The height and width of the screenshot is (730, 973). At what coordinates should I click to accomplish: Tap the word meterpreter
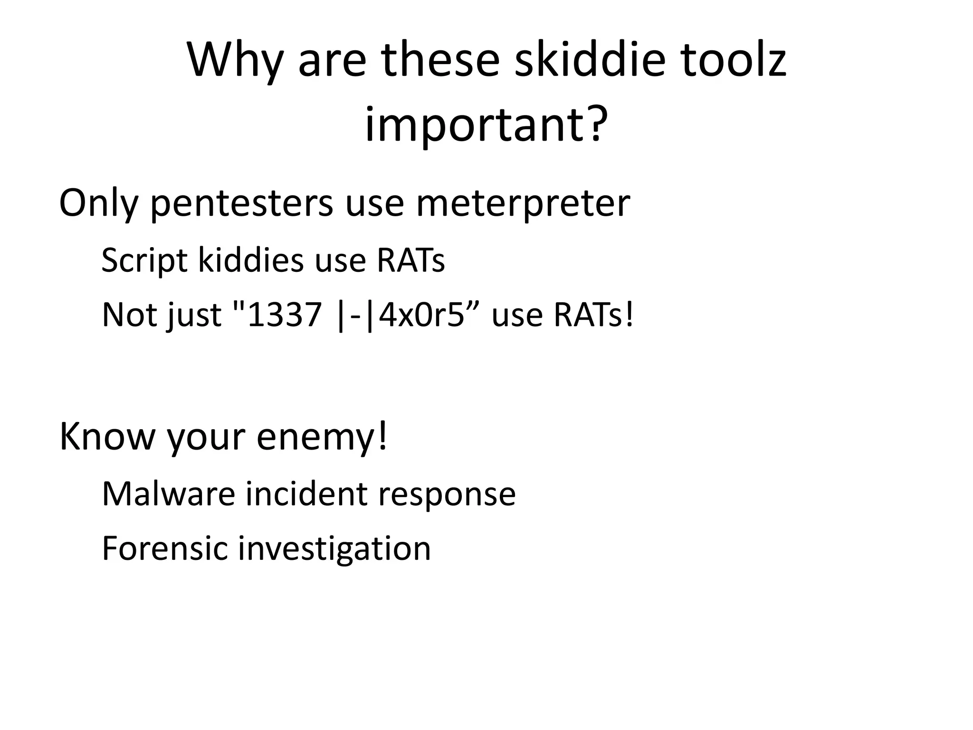tap(523, 203)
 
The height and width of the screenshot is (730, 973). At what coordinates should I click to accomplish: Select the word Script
tap(144, 260)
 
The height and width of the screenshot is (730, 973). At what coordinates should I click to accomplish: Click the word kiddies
tap(250, 260)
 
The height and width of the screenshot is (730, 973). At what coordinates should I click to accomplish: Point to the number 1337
tap(284, 315)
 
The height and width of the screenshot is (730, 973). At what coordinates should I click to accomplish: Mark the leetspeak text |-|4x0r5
tap(399, 315)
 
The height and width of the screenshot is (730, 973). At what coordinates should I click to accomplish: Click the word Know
tap(107, 436)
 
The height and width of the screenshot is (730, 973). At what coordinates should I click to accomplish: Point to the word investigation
tap(334, 549)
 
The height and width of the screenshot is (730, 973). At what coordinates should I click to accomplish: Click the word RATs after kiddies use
tap(410, 260)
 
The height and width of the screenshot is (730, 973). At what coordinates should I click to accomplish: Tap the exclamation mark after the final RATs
tap(629, 315)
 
